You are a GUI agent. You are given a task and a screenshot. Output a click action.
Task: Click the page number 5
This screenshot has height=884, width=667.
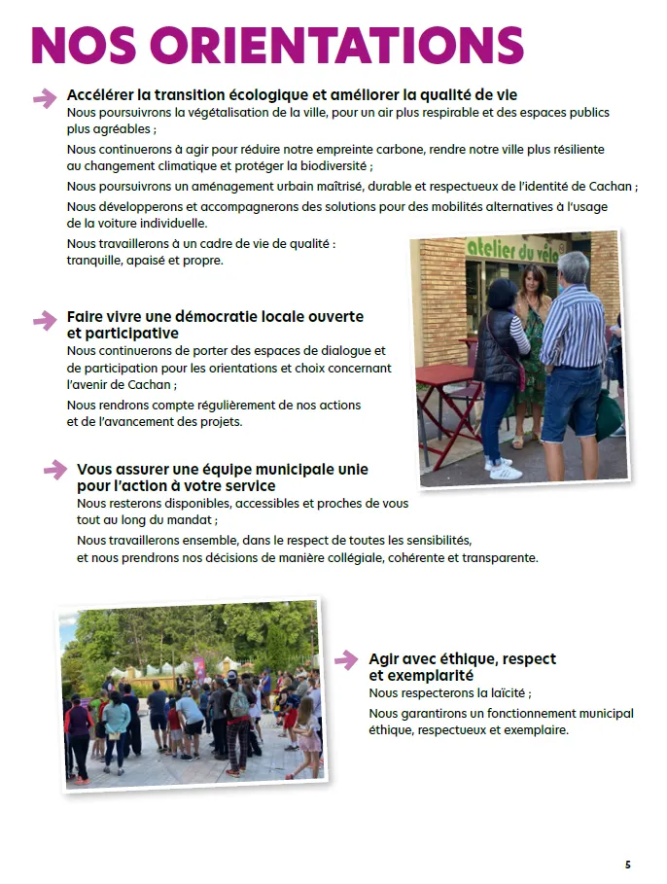point(627,864)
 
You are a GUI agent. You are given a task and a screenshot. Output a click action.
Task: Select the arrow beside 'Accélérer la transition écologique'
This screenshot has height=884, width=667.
point(45,97)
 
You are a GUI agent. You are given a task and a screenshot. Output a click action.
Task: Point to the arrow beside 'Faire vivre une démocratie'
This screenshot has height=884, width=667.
point(45,320)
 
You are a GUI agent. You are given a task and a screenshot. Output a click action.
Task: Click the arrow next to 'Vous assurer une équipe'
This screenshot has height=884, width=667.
point(54,471)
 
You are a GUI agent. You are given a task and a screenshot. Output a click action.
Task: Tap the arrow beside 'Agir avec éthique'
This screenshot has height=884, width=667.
point(346,660)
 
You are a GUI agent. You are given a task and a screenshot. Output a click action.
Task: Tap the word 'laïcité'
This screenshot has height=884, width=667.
point(504,693)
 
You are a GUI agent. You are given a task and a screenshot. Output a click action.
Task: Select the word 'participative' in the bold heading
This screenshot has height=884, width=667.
point(123,334)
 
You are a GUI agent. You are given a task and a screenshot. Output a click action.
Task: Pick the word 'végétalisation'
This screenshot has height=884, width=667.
point(191,113)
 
